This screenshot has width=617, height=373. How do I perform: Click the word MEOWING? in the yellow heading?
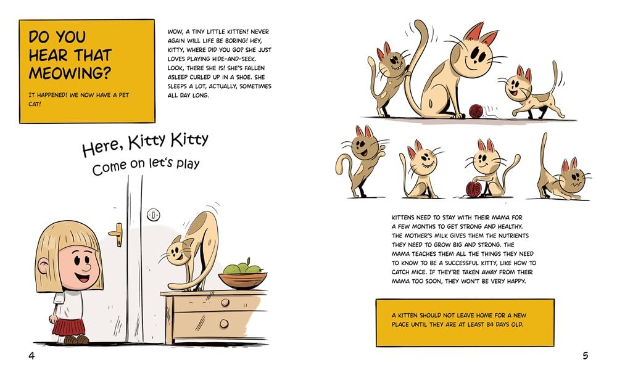point(70,73)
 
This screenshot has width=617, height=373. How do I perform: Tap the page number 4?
point(31,356)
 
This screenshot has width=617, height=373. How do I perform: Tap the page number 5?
point(585,356)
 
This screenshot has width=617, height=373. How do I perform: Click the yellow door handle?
point(117,234)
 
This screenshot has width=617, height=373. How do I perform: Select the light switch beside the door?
point(154,215)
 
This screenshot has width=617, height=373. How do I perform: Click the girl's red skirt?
point(69,327)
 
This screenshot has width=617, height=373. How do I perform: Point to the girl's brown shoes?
point(77,340)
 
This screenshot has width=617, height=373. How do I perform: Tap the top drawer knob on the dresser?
point(225,303)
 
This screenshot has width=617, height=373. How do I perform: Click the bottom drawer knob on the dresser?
point(224,324)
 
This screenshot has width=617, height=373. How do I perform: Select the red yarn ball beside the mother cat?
point(476,111)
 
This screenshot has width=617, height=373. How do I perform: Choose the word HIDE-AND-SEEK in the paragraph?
point(231,59)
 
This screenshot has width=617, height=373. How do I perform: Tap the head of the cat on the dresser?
point(179,251)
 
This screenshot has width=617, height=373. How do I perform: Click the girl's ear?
point(43,266)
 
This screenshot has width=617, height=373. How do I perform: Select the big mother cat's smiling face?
point(472,53)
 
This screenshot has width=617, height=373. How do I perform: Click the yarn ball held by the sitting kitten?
point(474,189)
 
